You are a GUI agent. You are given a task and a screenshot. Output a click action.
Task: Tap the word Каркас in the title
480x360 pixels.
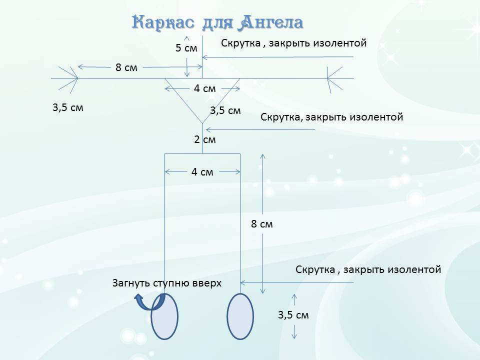click(x=163, y=22)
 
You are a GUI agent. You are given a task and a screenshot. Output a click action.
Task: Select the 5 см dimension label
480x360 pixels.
click(x=186, y=48)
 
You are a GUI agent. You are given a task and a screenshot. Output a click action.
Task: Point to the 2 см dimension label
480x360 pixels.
click(x=205, y=139)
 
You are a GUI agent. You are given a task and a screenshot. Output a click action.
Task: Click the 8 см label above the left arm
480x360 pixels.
click(x=126, y=67)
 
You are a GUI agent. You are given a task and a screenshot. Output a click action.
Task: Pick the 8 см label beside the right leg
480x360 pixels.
click(x=261, y=224)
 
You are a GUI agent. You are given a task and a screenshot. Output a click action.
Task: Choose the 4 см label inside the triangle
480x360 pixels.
click(x=205, y=89)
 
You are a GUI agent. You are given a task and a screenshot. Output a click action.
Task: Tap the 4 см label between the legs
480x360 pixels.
click(x=202, y=172)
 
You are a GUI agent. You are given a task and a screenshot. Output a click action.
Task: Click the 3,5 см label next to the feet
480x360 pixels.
click(x=293, y=315)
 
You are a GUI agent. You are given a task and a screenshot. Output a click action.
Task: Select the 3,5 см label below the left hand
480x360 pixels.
click(x=68, y=108)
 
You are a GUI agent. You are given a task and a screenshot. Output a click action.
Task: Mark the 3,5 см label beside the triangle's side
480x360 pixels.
click(x=225, y=110)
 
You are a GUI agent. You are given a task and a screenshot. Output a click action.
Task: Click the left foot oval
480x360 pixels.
click(x=164, y=316)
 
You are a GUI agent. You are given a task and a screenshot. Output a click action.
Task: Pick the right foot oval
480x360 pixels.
click(x=240, y=316)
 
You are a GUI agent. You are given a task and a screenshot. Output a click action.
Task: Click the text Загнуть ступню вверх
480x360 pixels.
click(x=167, y=283)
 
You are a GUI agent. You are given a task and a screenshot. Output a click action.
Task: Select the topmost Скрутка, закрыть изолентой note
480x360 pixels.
click(x=294, y=43)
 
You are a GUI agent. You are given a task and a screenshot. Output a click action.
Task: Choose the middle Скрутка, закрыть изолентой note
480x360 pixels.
click(x=332, y=117)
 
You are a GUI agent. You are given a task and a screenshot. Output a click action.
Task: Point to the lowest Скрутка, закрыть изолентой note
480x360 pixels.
click(x=368, y=269)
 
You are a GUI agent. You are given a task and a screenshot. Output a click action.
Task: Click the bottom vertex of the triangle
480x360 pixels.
click(x=202, y=123)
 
